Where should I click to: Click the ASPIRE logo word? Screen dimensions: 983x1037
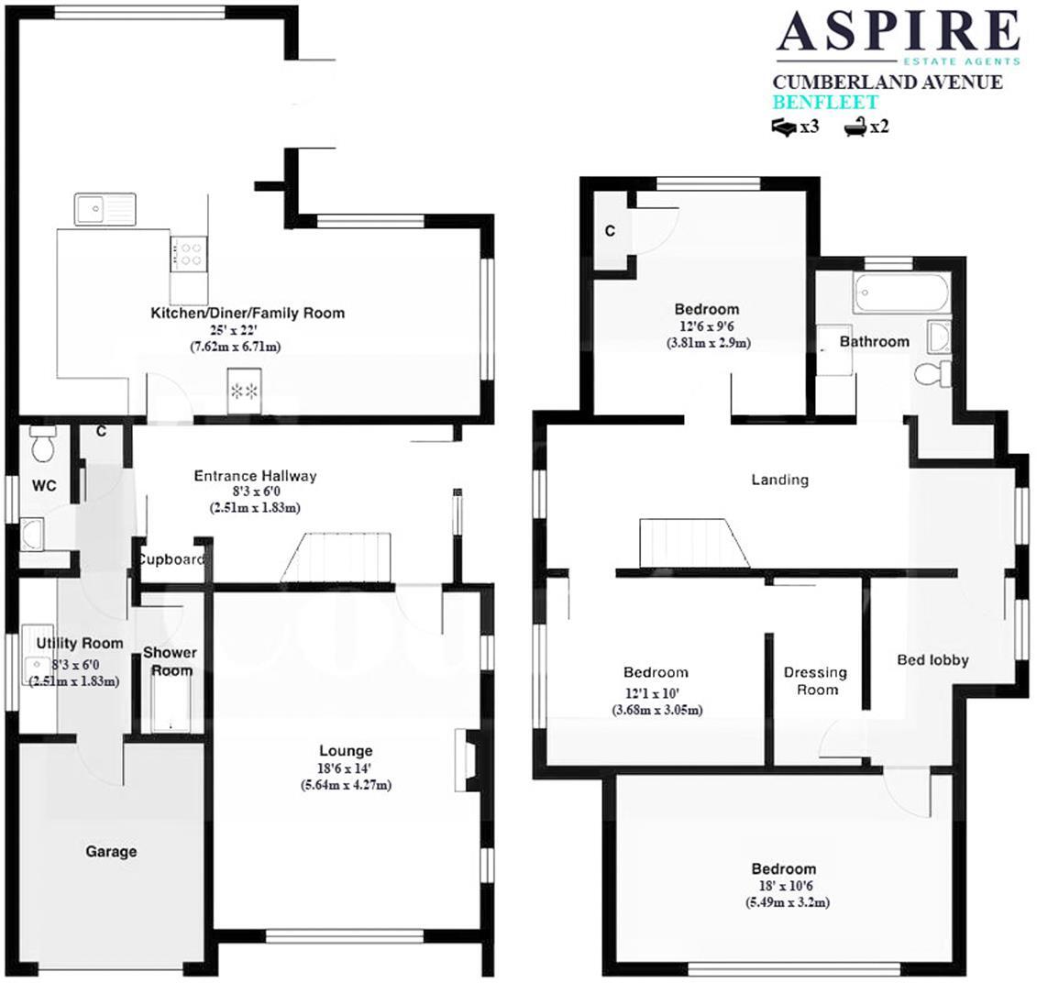click(x=898, y=31)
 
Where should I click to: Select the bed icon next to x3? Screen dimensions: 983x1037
click(x=785, y=127)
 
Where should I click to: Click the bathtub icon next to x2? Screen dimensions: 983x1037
click(x=855, y=127)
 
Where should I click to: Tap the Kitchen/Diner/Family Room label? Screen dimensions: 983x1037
click(x=248, y=314)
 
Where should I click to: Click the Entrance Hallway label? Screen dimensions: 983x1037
click(x=255, y=476)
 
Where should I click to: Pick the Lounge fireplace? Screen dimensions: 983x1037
click(x=466, y=759)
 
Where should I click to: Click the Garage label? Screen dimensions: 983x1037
click(x=111, y=851)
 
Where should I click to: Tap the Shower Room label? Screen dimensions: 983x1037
click(x=170, y=661)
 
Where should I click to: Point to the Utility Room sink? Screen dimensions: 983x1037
click(x=38, y=665)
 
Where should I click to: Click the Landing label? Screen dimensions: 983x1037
click(x=779, y=480)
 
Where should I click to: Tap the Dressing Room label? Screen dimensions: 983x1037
click(x=815, y=681)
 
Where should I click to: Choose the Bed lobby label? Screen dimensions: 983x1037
click(x=932, y=659)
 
